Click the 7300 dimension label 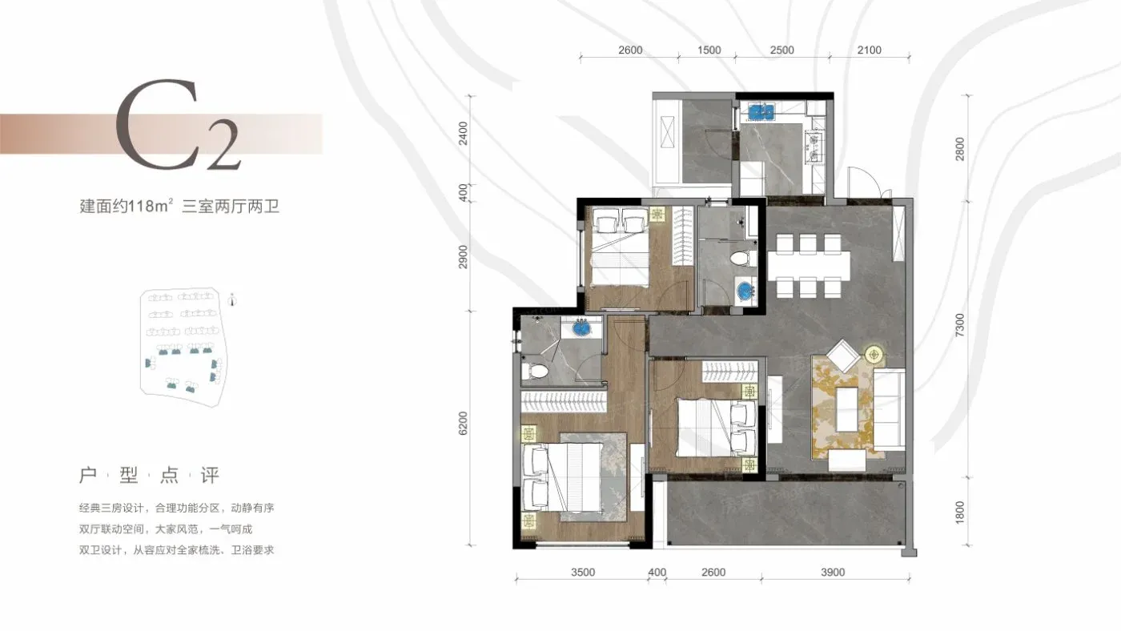959,325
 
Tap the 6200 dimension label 463,424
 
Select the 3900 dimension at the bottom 833,572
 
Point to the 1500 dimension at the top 709,50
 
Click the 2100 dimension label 870,50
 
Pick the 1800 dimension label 959,512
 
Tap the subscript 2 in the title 223,145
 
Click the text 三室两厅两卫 231,206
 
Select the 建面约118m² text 127,206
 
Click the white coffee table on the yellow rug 847,409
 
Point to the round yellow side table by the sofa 874,355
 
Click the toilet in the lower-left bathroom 535,372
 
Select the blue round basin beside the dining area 745,290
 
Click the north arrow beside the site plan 232,300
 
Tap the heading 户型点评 149,476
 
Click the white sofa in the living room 890,409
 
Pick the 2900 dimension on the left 463,256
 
